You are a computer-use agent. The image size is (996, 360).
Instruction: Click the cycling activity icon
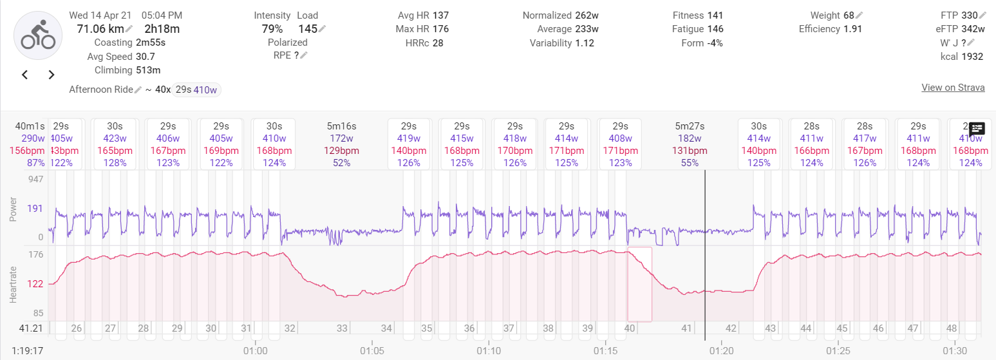coord(38,35)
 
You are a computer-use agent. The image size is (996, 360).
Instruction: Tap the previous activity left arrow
coord(24,75)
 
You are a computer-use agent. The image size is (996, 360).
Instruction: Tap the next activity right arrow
coord(52,75)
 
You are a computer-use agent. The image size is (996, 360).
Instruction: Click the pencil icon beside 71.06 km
coord(129,29)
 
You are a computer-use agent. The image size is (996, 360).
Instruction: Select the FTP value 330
coord(969,15)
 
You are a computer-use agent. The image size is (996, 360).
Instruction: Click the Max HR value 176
coord(441,29)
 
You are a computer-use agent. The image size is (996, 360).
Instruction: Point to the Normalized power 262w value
coord(587,15)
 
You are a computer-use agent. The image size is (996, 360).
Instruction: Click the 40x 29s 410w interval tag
coord(197,90)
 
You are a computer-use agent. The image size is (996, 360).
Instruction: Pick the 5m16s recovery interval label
coord(341,126)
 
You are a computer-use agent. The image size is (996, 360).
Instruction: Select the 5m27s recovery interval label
coord(690,126)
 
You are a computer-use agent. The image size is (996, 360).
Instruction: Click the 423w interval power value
coord(115,138)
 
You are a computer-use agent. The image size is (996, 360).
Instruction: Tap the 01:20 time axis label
coord(721,351)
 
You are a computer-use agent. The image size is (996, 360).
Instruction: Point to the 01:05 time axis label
coord(372,351)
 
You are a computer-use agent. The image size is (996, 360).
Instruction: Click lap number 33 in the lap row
coord(342,328)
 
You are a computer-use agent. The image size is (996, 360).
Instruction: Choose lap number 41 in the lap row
coord(686,328)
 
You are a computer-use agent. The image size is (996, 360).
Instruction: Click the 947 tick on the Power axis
coord(35,179)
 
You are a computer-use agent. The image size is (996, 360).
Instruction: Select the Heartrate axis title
coord(14,283)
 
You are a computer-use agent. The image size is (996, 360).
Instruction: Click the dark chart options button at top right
coord(977,128)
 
